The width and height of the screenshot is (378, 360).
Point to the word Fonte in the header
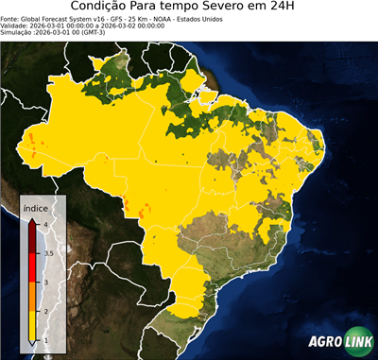[x=10, y=19]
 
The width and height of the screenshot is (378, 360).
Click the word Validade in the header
[x=15, y=26]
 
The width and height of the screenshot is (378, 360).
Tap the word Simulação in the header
[x=18, y=32]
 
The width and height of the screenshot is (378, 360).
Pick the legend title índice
[x=36, y=209]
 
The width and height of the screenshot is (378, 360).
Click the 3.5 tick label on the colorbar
[x=47, y=253]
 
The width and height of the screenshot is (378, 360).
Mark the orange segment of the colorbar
[x=34, y=297]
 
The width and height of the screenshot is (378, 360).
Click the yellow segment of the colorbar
[x=34, y=325]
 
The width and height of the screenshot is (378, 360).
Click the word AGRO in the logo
[x=324, y=342]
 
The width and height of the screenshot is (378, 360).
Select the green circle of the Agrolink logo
[x=357, y=341]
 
